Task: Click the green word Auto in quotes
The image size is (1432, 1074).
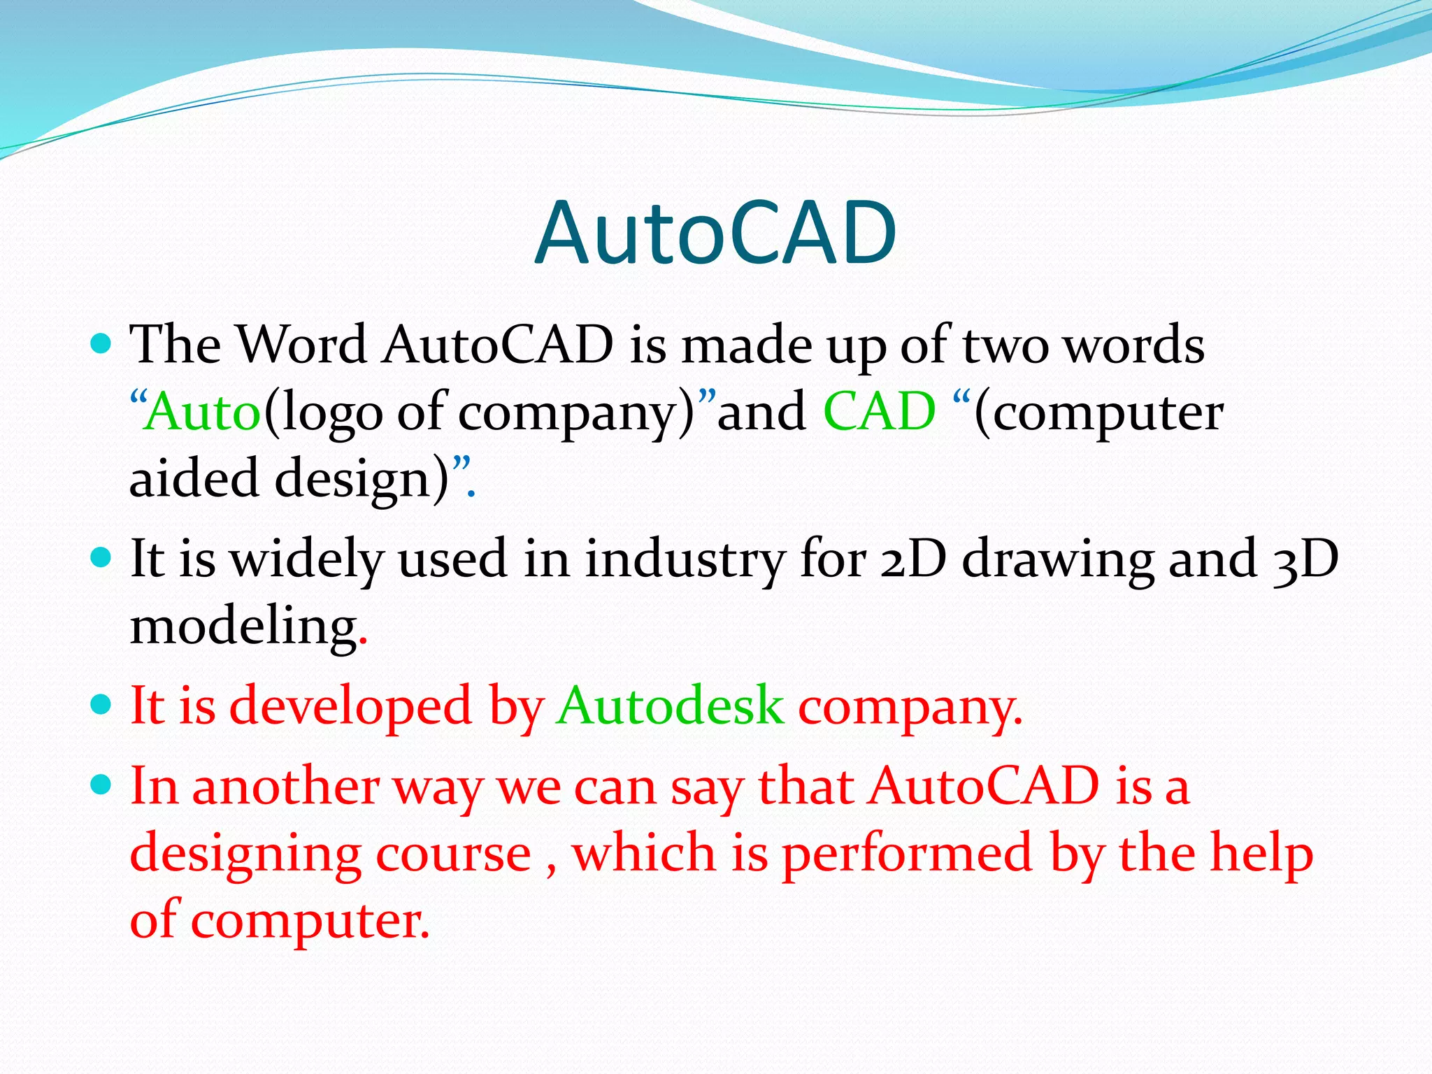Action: pos(203,413)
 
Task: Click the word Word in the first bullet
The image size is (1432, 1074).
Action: pos(301,345)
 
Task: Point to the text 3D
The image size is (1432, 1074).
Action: pos(1305,559)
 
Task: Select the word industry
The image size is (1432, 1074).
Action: pos(685,559)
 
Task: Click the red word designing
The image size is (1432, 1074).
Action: pos(245,854)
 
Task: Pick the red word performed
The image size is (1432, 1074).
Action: pos(907,854)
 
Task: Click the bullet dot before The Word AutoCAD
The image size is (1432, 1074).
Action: pos(101,344)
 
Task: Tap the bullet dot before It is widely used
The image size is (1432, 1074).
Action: pos(101,558)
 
